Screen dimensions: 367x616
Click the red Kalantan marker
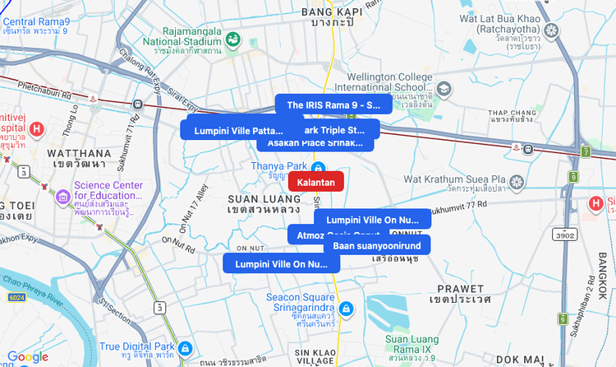[x=316, y=181]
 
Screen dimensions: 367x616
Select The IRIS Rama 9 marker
[x=333, y=105]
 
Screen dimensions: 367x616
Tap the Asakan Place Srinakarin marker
[x=315, y=142]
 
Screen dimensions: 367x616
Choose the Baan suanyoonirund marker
[x=377, y=245]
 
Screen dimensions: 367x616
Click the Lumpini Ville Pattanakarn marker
[x=232, y=130]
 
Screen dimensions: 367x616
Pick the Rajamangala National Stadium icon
[x=233, y=39]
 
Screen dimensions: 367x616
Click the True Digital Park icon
[x=186, y=348]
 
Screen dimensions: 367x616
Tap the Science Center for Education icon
[x=62, y=198]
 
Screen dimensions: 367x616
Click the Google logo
[x=28, y=356]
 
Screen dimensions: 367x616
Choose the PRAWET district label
[x=460, y=289]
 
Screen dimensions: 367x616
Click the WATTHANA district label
[x=78, y=153]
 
